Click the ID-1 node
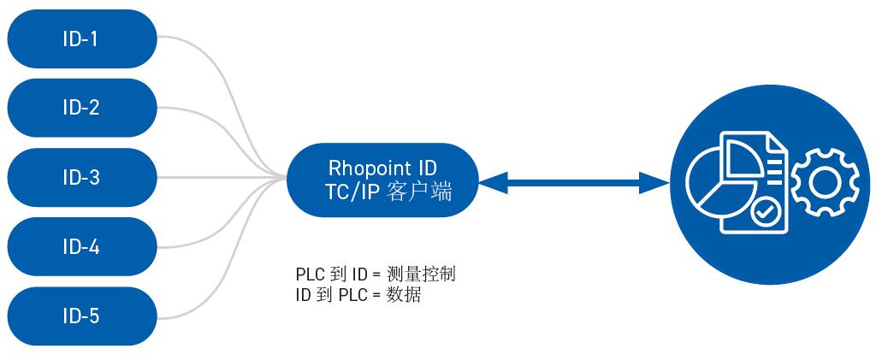(81, 38)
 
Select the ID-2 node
(81, 108)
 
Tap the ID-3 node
(81, 178)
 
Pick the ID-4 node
(81, 247)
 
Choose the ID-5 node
(81, 316)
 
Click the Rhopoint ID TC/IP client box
(381, 180)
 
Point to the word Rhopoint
(359, 168)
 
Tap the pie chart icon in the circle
(716, 180)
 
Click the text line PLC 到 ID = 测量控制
(375, 274)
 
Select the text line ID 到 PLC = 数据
(358, 295)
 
